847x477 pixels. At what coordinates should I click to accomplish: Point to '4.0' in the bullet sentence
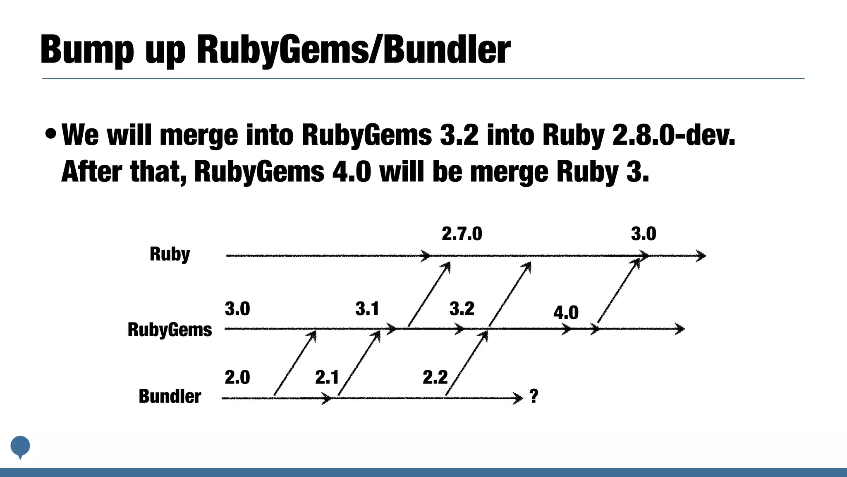[x=352, y=171]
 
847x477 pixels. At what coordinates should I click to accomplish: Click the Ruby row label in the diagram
[x=170, y=254]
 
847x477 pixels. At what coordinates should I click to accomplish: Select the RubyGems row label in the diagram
[x=170, y=330]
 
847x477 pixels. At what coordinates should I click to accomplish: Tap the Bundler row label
[x=170, y=396]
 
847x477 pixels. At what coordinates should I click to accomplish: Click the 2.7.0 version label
[x=462, y=234]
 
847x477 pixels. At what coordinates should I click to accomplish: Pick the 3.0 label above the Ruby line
[x=644, y=234]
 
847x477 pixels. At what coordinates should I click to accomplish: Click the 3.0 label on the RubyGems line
[x=237, y=309]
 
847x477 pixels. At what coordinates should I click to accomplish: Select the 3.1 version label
[x=367, y=309]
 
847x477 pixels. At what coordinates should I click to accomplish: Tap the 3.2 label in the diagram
[x=462, y=309]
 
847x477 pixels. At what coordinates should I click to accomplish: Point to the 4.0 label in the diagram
[x=566, y=313]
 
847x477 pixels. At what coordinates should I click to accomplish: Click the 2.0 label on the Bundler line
[x=237, y=377]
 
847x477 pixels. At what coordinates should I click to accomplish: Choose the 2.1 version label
[x=327, y=377]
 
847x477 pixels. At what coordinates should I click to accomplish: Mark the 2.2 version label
[x=435, y=377]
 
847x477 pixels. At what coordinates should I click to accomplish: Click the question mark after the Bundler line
[x=534, y=396]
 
